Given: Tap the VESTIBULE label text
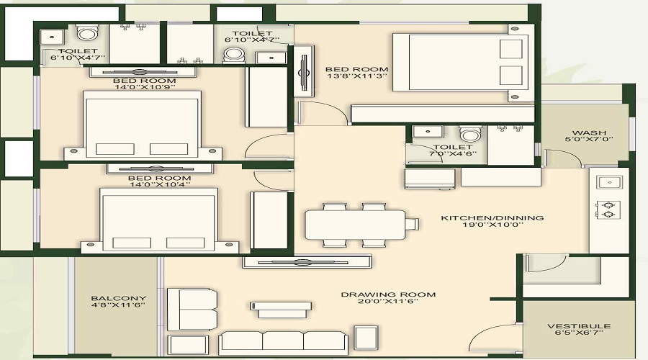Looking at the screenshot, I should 578,326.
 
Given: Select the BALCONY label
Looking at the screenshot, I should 119,298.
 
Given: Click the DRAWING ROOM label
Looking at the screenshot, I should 388,294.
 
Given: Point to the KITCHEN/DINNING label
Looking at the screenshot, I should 492,217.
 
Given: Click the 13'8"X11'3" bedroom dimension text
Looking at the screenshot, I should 357,74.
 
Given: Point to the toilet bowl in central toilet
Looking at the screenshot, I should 469,135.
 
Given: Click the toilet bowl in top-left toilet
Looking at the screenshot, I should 87,33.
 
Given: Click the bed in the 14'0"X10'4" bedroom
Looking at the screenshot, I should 159,220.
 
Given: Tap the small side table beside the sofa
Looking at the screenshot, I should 366,338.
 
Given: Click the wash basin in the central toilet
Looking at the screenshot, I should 429,132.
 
